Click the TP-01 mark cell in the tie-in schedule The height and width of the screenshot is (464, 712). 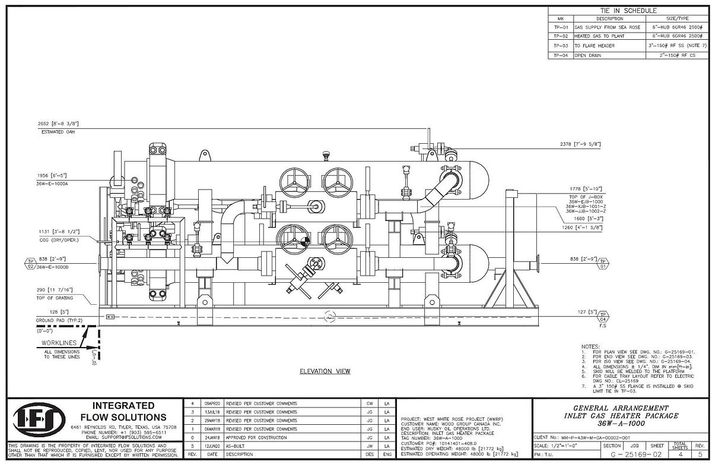point(561,27)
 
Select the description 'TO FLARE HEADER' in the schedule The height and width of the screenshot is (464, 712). point(593,45)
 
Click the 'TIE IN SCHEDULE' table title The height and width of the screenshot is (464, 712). point(628,11)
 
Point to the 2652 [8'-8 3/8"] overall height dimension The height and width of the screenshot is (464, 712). point(58,124)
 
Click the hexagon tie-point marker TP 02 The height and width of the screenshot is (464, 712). point(31,263)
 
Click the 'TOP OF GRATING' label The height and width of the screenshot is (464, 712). point(58,297)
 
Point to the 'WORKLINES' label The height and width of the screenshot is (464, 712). point(62,343)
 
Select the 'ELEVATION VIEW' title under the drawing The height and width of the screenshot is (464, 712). point(325,371)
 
